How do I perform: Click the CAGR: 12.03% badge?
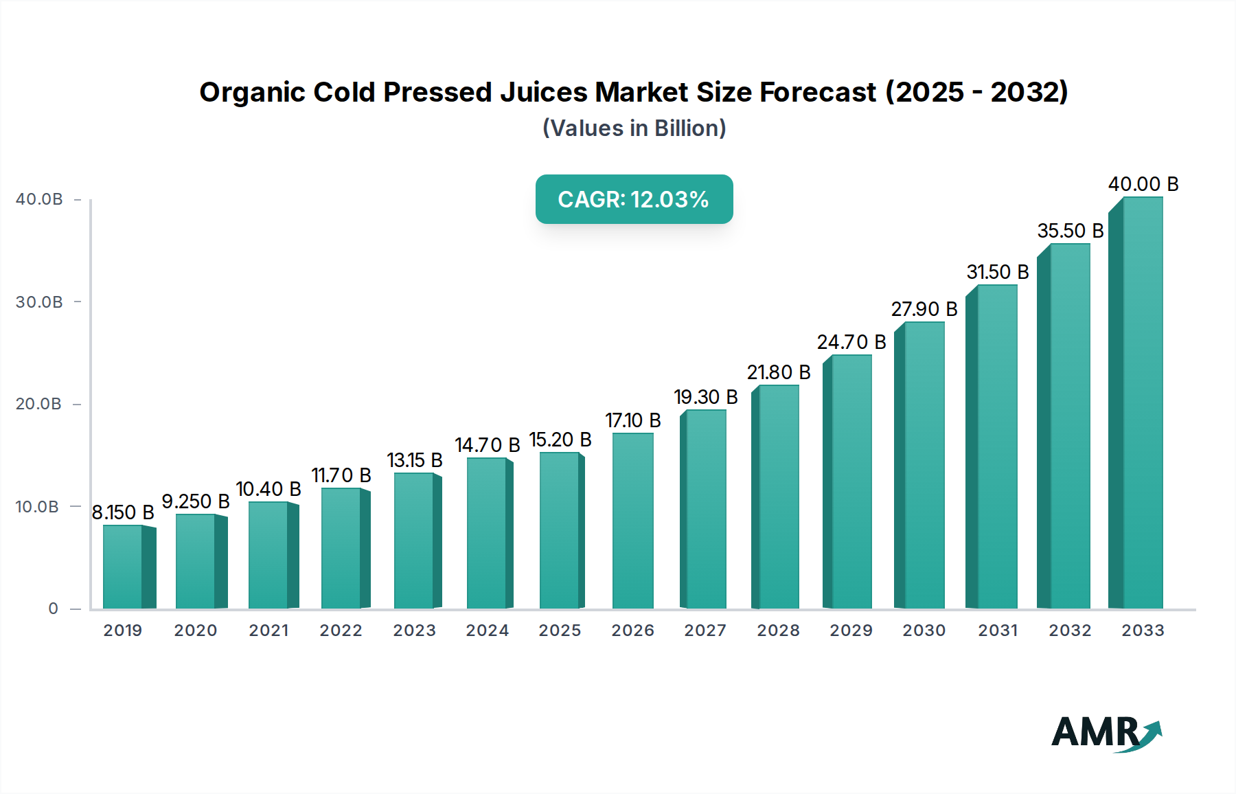[634, 199]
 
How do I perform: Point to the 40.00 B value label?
[1143, 184]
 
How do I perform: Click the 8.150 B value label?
[123, 512]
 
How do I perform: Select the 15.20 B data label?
[560, 440]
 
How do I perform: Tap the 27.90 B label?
[924, 309]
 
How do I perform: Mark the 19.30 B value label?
[706, 397]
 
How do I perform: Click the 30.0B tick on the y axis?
[39, 302]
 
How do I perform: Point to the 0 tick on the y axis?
[54, 609]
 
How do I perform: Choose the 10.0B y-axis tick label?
[38, 507]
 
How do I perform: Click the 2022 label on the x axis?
[341, 631]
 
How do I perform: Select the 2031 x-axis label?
[998, 631]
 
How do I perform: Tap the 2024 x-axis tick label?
[488, 631]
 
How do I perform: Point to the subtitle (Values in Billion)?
[634, 128]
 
